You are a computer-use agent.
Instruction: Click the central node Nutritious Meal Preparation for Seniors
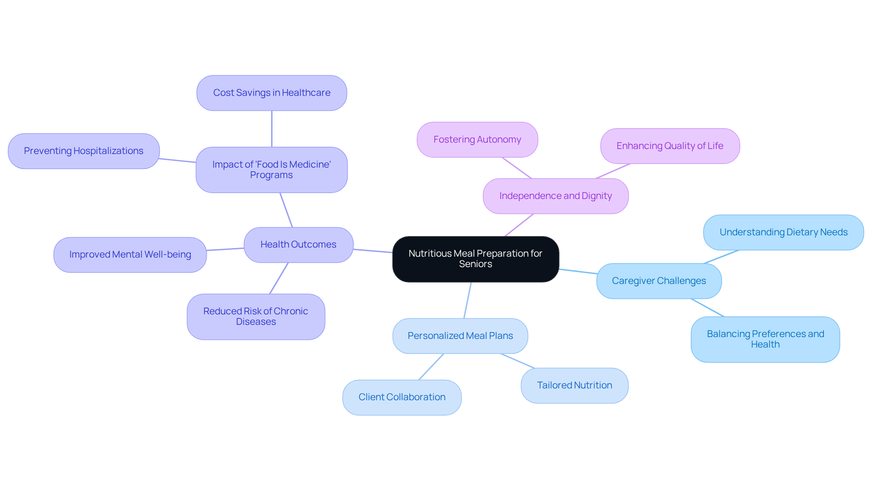tap(476, 259)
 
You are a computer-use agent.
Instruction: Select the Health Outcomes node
tap(298, 245)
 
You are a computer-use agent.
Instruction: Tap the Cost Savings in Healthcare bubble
tap(272, 93)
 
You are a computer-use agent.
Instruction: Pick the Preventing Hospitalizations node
tap(84, 151)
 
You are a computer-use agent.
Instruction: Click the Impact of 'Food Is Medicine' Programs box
tap(272, 170)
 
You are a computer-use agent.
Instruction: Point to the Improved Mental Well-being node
tap(130, 255)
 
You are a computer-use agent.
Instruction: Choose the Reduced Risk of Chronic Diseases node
tap(256, 317)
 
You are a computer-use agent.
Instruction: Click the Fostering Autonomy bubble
tap(477, 140)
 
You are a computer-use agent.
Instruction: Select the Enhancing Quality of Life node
tap(670, 146)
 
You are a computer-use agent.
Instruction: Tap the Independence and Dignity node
tap(555, 196)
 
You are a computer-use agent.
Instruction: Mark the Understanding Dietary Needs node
tap(783, 233)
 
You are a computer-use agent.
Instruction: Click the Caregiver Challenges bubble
tap(659, 281)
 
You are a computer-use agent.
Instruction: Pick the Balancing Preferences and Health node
tap(765, 339)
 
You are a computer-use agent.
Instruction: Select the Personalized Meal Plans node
tap(460, 336)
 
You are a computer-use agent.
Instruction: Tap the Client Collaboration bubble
tap(402, 398)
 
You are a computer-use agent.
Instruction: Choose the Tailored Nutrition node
tap(575, 386)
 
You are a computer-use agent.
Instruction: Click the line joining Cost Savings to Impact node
tap(272, 129)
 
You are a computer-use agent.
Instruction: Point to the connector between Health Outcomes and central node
tap(373, 251)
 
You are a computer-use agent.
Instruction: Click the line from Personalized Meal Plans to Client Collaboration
tap(431, 367)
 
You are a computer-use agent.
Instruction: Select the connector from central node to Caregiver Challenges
tap(578, 272)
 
